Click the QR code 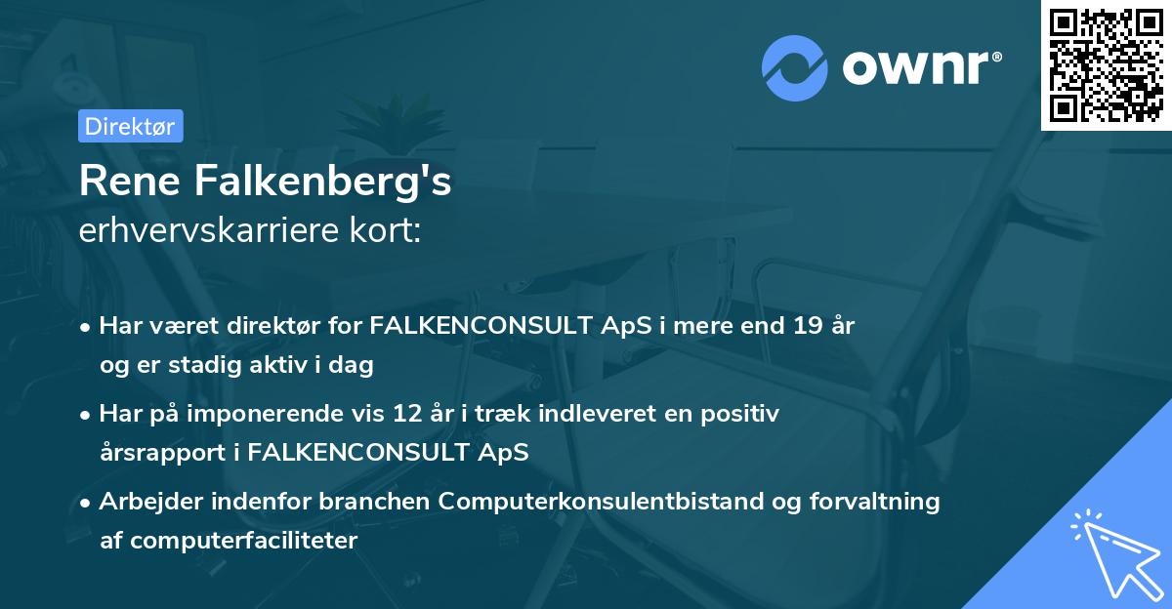point(1106,64)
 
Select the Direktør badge point(130,126)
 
